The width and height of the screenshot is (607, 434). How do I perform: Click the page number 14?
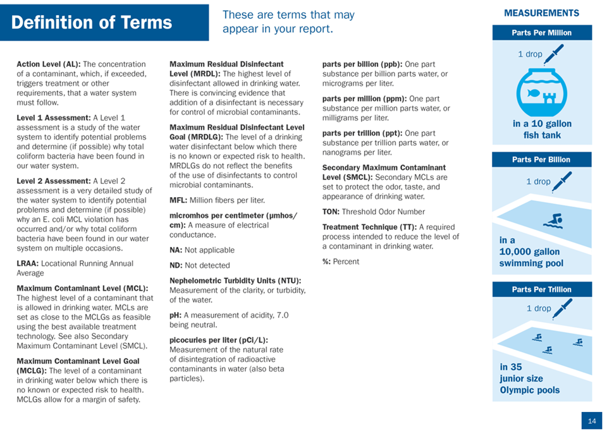(592, 421)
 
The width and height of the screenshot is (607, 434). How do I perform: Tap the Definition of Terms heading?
(92, 23)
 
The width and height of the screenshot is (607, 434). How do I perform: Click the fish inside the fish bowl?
(534, 93)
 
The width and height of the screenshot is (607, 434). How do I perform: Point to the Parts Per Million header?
(542, 33)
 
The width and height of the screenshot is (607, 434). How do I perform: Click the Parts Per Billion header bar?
(541, 160)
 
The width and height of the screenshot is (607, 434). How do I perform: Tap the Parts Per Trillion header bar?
(542, 290)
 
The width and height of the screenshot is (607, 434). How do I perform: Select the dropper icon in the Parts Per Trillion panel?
(563, 309)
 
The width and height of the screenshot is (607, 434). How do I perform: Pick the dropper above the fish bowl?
(554, 54)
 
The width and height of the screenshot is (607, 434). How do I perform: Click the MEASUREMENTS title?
(542, 13)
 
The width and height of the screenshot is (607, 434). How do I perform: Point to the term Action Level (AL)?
(49, 64)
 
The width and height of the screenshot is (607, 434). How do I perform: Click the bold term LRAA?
(27, 263)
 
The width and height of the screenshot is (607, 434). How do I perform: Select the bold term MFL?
(178, 200)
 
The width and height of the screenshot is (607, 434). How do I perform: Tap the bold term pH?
(175, 315)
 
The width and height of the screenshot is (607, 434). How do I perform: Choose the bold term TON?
(331, 212)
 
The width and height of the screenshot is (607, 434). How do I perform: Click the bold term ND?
(176, 265)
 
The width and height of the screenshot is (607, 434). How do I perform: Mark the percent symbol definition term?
(326, 262)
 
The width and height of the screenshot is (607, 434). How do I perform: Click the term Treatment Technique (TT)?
(369, 227)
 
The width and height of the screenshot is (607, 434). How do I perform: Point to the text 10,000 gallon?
(529, 252)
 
